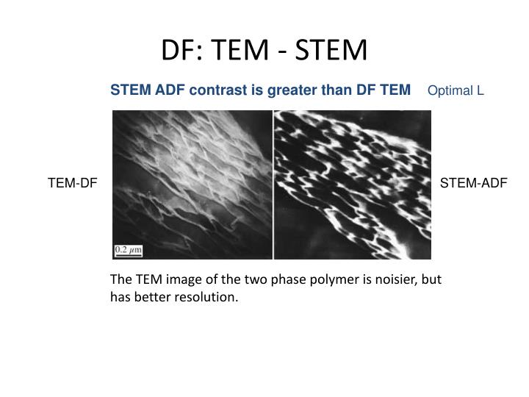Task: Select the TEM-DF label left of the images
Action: pos(73,183)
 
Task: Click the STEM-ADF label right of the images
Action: pos(474,183)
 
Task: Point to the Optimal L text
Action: pos(456,91)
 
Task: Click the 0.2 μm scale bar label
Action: pos(128,251)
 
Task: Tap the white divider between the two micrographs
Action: pos(273,184)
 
